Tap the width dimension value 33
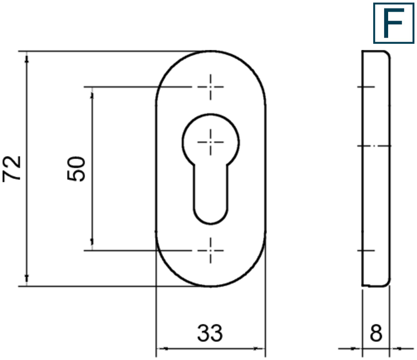pyautogui.click(x=210, y=334)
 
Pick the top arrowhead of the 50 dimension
pyautogui.click(x=92, y=91)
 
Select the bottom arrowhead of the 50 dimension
pyautogui.click(x=92, y=246)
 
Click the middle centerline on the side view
pyautogui.click(x=376, y=146)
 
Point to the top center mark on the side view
pyautogui.click(x=367, y=87)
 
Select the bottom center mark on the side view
pyautogui.click(x=367, y=251)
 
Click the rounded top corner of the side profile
pyautogui.click(x=386, y=55)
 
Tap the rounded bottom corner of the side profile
pyautogui.click(x=386, y=282)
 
